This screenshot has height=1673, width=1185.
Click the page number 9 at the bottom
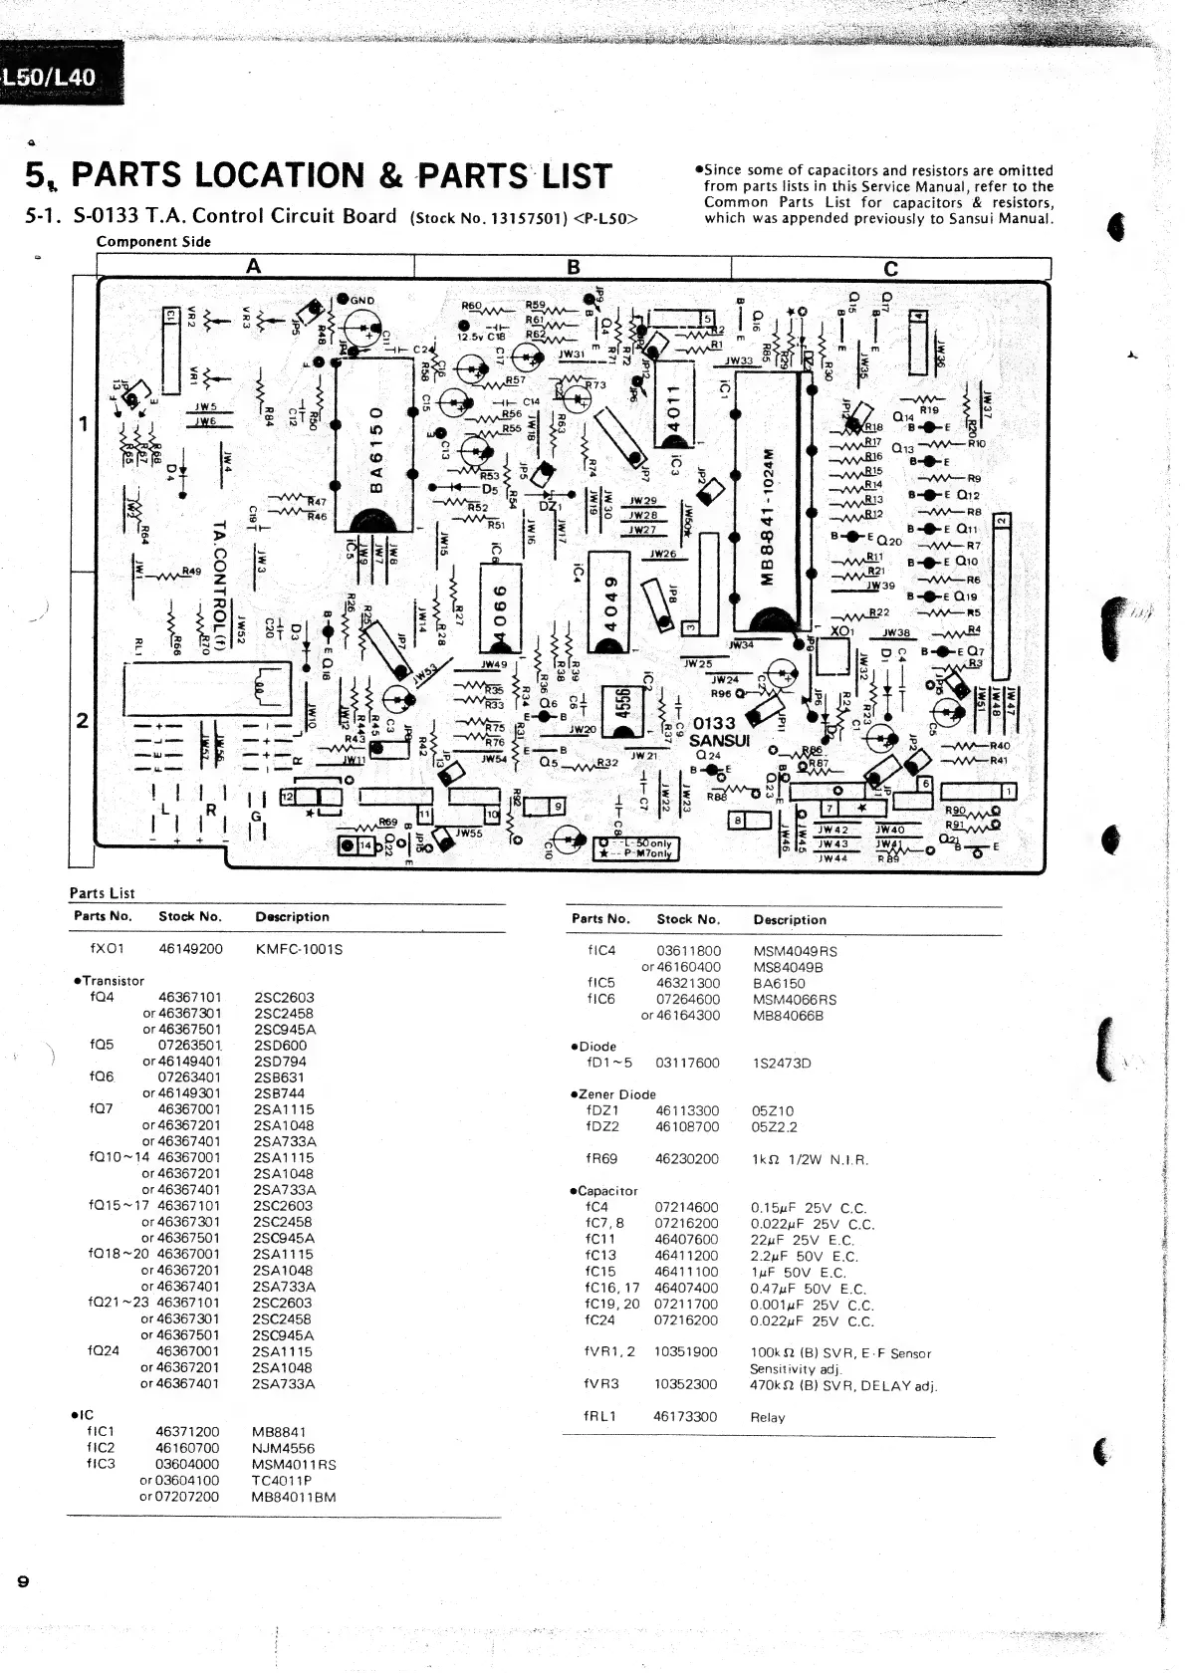pos(23,1581)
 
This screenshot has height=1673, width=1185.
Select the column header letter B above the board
pos(573,267)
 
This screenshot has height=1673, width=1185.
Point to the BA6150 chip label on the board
pos(375,452)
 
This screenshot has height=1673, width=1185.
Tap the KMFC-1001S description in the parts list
pos(299,949)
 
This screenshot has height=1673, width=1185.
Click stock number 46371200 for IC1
pos(187,1431)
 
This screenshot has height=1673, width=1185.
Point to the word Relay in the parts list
pos(767,1417)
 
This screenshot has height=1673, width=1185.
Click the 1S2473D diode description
pos(782,1063)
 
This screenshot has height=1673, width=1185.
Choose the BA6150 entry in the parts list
pos(779,983)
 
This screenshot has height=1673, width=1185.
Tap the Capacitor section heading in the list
pos(606,1191)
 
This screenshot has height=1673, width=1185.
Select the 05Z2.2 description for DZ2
pos(774,1127)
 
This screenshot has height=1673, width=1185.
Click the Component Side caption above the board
pos(153,241)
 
